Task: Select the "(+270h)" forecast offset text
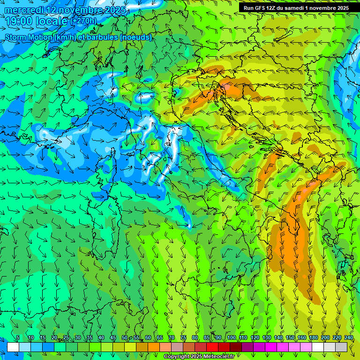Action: click(84, 21)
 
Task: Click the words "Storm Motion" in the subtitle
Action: click(29, 37)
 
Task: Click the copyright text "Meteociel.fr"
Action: click(221, 357)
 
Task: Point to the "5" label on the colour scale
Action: click(18, 338)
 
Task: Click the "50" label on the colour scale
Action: click(125, 338)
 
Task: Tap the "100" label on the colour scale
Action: click(232, 338)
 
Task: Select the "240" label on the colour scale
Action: click(349, 338)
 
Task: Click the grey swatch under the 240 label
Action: click(341, 347)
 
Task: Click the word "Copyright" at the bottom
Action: click(179, 357)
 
